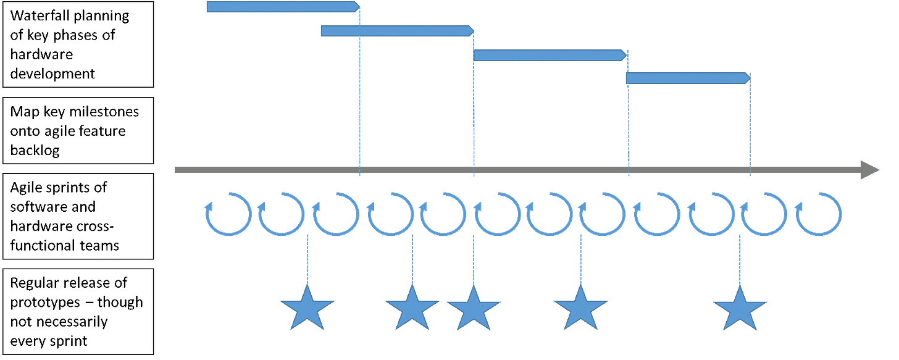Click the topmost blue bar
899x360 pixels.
click(282, 7)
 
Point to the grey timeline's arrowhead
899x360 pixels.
click(871, 170)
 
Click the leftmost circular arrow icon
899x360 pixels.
click(228, 214)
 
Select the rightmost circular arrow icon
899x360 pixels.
click(819, 214)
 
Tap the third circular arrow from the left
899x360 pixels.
click(336, 214)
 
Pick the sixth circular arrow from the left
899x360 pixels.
click(498, 214)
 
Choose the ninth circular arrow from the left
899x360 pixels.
click(657, 214)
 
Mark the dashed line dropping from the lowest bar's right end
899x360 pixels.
click(750, 123)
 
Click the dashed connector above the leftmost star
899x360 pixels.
click(307, 259)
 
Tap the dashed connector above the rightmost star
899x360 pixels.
click(740, 259)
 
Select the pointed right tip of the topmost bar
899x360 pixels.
click(358, 7)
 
